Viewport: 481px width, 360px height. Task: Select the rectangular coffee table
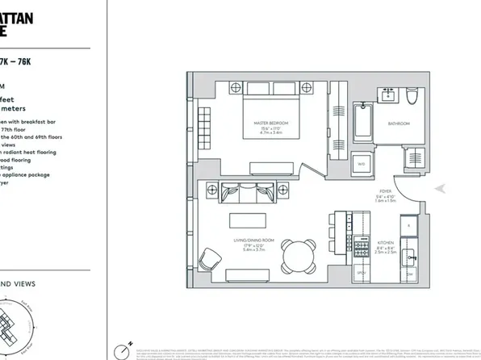[x=252, y=220]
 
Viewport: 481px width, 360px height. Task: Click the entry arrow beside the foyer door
[x=441, y=188]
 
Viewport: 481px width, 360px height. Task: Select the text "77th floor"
[x=25, y=128]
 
